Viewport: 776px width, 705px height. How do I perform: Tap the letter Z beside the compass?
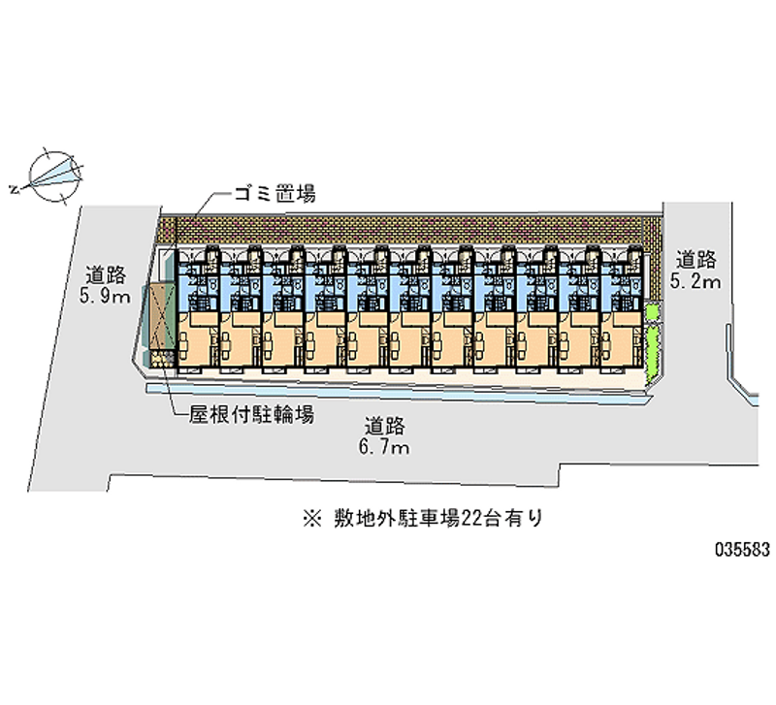(x=14, y=188)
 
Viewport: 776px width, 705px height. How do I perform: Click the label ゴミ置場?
(x=273, y=194)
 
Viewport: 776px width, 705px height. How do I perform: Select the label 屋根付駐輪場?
(x=250, y=415)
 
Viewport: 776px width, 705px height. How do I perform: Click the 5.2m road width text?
(x=696, y=282)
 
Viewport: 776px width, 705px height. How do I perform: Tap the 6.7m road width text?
(x=385, y=447)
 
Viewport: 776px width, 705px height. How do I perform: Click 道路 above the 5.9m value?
(x=106, y=273)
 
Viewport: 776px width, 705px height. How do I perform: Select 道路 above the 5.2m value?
(x=696, y=260)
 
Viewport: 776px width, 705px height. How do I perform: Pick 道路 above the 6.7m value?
(x=385, y=425)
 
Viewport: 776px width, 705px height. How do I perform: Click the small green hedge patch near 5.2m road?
(x=652, y=312)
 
